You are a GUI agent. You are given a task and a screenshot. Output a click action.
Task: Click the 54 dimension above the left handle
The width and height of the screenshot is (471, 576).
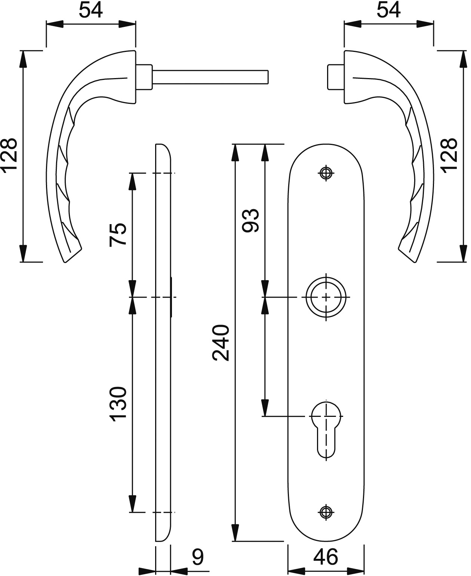[x=90, y=10]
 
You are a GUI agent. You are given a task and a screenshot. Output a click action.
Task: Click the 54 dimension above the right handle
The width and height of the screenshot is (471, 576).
[x=388, y=10]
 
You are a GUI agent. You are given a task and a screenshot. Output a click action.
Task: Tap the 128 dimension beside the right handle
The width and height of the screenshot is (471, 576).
[x=449, y=155]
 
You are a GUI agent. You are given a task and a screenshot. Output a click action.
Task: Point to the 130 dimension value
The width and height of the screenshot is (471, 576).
[x=118, y=404]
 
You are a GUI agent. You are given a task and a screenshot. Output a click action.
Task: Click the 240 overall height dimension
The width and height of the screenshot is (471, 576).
[x=221, y=343]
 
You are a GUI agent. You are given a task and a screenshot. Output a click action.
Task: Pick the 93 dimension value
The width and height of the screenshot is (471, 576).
[x=250, y=221]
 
